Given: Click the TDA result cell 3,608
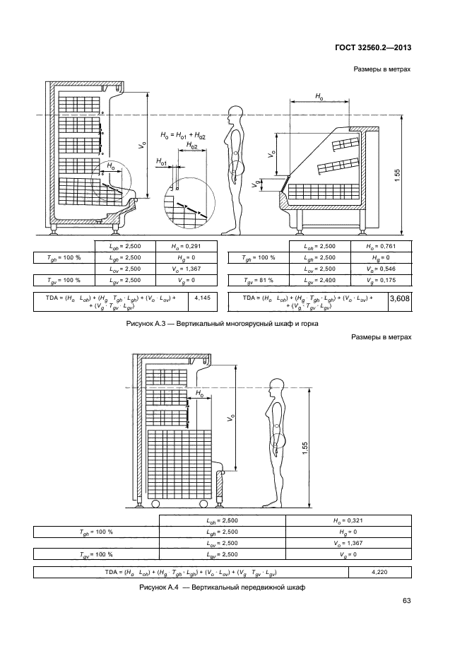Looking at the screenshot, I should [400, 301].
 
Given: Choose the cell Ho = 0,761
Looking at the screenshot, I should [379, 246].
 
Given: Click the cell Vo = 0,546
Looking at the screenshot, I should [379, 269].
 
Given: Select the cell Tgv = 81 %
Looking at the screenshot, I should [258, 281].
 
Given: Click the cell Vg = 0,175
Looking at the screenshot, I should [379, 281].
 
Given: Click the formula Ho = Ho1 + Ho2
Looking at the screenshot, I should [183, 135].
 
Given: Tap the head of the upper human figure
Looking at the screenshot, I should [235, 115].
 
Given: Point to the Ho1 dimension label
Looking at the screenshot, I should [162, 163].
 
